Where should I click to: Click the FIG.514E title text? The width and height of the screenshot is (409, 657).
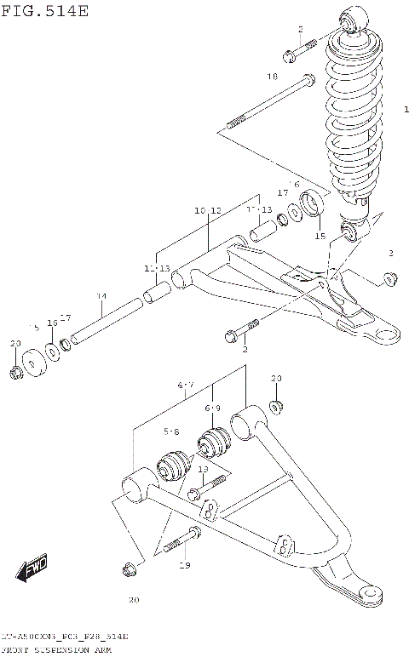click(44, 10)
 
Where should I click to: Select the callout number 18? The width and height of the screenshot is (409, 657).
click(272, 77)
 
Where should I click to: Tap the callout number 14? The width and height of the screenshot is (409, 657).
click(101, 296)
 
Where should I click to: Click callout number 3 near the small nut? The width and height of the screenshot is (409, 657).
click(390, 254)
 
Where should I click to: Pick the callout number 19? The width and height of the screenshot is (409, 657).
click(184, 565)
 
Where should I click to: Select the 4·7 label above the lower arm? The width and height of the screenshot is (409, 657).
click(187, 386)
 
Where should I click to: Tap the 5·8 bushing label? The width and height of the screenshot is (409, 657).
click(171, 432)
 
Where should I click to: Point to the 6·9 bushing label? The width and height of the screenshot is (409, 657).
click(211, 408)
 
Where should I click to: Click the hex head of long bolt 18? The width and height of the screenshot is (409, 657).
click(308, 81)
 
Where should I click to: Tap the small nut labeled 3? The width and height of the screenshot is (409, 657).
click(390, 277)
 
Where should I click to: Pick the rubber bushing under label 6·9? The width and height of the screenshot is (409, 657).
click(212, 444)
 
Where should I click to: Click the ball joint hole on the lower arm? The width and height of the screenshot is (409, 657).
click(371, 593)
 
